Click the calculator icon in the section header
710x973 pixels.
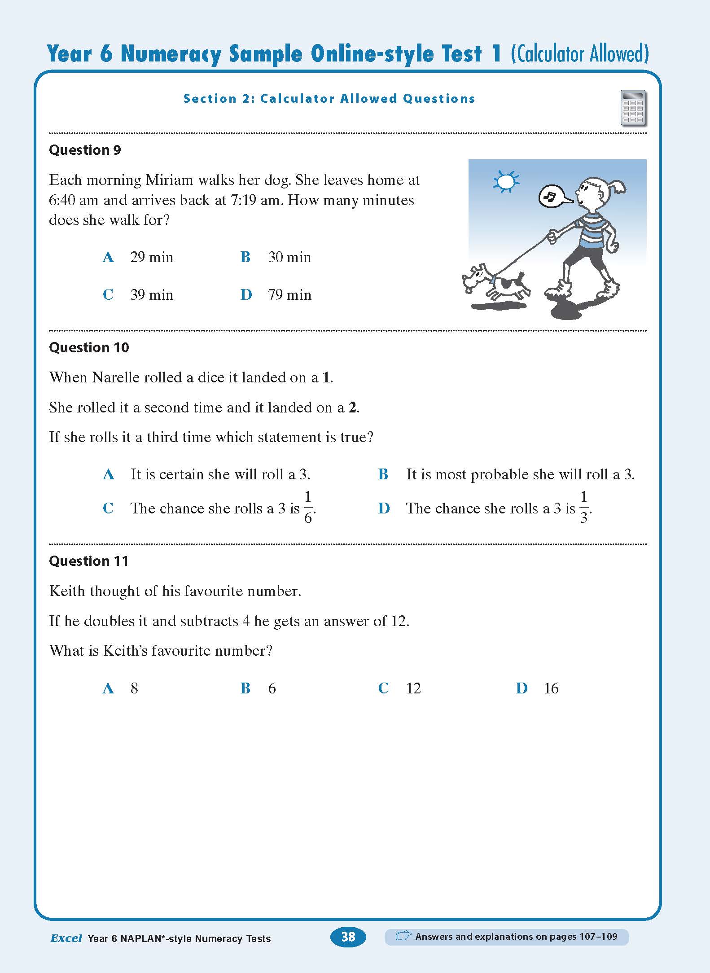coord(633,108)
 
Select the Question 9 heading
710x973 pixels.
coord(85,150)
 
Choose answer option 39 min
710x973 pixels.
coord(151,295)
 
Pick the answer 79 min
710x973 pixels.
coord(289,295)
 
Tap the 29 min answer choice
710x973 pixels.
coord(151,257)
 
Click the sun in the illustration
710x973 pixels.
coord(506,181)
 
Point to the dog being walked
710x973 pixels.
coord(496,284)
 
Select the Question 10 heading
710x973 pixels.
coord(89,347)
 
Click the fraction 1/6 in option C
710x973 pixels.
coord(308,508)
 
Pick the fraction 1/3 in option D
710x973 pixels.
coord(583,508)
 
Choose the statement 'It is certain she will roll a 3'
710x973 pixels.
coord(220,474)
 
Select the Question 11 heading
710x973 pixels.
coord(88,561)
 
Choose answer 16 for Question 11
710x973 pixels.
coord(551,688)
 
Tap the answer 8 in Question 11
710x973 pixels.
coord(134,688)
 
